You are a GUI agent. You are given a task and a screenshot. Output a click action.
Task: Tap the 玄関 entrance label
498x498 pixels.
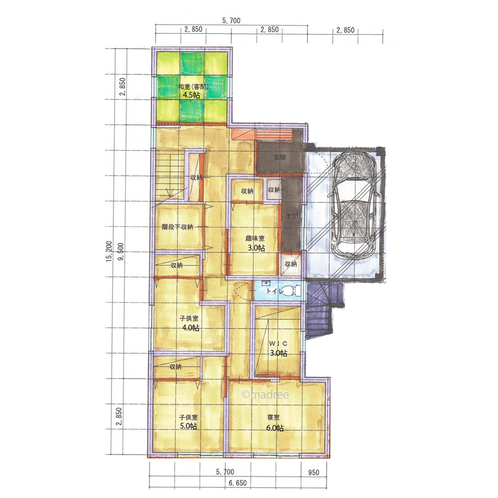[x=280, y=157]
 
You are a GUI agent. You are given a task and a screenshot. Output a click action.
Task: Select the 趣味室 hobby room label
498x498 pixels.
[x=255, y=238]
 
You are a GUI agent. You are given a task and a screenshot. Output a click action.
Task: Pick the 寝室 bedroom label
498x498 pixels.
[x=273, y=417]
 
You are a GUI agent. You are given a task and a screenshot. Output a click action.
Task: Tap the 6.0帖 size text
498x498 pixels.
[x=275, y=428]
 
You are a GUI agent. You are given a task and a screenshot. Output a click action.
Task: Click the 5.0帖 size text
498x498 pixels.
[x=188, y=426]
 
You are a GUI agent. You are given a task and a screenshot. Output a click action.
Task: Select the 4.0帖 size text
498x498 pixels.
[x=190, y=328]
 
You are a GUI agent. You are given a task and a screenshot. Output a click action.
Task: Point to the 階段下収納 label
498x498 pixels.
[x=177, y=227]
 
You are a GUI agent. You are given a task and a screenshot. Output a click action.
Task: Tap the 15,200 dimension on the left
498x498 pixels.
[x=109, y=251]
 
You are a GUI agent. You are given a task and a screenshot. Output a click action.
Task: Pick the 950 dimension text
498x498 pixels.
[x=313, y=473]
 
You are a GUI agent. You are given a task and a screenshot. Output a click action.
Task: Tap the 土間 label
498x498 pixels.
[x=292, y=216]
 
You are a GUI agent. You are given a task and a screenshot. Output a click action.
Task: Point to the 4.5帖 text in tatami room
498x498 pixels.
[x=191, y=95]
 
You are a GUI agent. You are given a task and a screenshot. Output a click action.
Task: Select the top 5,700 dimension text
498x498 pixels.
[x=231, y=21]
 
